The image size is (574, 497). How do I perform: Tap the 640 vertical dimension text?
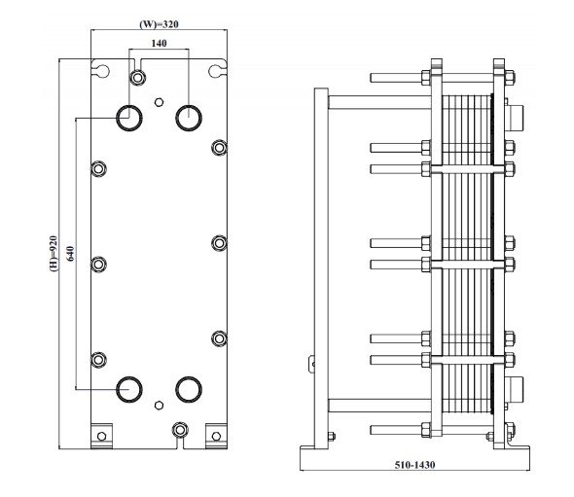click(70, 255)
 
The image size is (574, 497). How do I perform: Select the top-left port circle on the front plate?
click(128, 117)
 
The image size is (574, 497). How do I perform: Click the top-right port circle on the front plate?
click(188, 117)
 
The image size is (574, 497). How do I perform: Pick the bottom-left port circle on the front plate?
click(128, 389)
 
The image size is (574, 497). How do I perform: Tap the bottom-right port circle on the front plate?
click(188, 389)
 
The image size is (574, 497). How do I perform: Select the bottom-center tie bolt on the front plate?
click(178, 430)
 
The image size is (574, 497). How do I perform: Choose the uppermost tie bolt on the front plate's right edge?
click(219, 148)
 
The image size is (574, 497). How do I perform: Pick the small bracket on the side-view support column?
click(311, 364)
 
